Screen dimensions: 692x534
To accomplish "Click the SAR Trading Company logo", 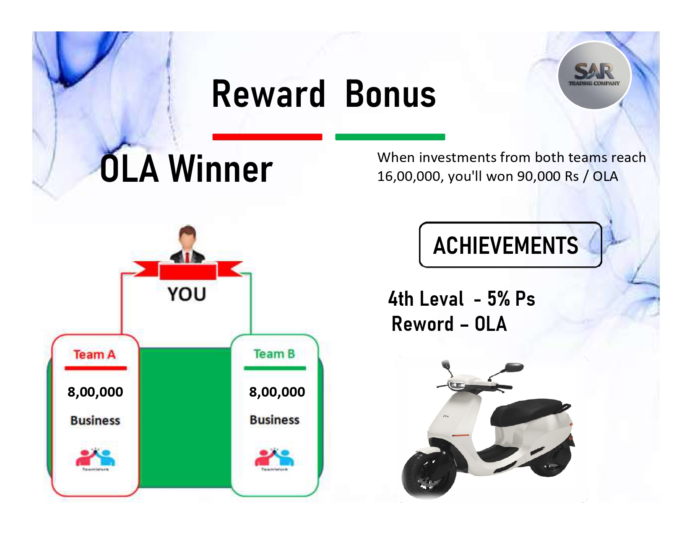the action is point(594,75).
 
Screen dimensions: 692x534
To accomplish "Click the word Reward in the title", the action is point(268,94).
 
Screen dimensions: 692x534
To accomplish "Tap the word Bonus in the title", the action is point(390,94).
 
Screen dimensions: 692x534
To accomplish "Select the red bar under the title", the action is point(267,137).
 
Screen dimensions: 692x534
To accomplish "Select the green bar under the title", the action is point(390,137).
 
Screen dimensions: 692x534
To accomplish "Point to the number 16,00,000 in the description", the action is point(410,176).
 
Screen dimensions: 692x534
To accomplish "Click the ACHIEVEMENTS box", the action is point(510,245).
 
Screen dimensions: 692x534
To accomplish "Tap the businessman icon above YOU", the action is point(187,244).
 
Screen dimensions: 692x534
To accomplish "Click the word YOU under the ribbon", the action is point(187,294).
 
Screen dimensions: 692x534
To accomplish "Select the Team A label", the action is point(95,354).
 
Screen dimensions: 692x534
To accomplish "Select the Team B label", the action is point(274,353).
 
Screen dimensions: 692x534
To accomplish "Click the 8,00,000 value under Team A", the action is point(95,392).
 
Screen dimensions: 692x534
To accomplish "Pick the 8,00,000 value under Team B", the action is point(277,392).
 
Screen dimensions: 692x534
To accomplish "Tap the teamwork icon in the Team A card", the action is point(95,459).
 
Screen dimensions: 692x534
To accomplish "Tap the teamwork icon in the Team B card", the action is point(274,459).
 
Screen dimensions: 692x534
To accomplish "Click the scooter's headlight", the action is point(456,385).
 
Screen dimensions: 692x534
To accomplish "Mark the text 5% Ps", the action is point(511,299).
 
